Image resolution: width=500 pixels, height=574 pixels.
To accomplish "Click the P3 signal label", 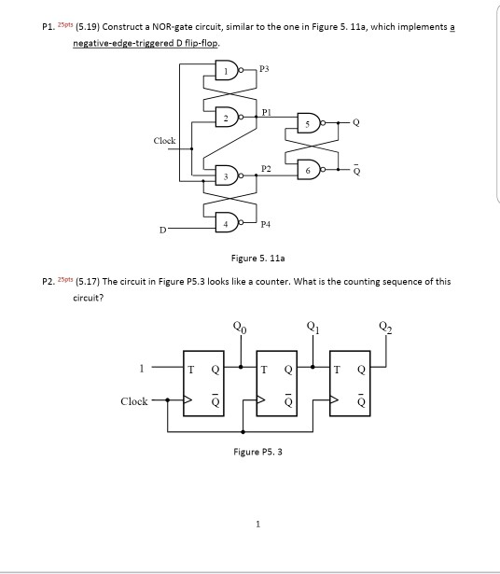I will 264,67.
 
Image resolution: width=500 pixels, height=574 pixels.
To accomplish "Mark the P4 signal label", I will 265,225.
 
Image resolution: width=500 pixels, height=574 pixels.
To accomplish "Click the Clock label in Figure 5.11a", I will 165,141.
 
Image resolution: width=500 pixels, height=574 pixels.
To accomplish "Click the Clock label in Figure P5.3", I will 133,400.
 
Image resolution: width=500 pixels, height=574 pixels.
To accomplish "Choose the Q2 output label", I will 385,327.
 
